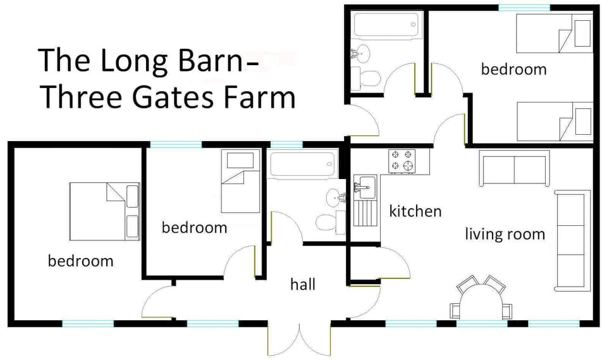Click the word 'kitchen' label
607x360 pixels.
(415, 211)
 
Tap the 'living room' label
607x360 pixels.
(505, 234)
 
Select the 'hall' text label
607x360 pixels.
(303, 285)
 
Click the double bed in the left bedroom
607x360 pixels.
(104, 211)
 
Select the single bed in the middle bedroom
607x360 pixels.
(240, 182)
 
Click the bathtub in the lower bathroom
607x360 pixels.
(302, 166)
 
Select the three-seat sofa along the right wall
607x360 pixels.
(570, 240)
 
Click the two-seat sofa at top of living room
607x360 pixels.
(514, 168)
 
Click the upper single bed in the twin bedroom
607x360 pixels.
(553, 34)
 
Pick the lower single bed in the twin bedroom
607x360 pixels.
(553, 121)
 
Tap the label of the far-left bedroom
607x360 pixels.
(80, 260)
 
